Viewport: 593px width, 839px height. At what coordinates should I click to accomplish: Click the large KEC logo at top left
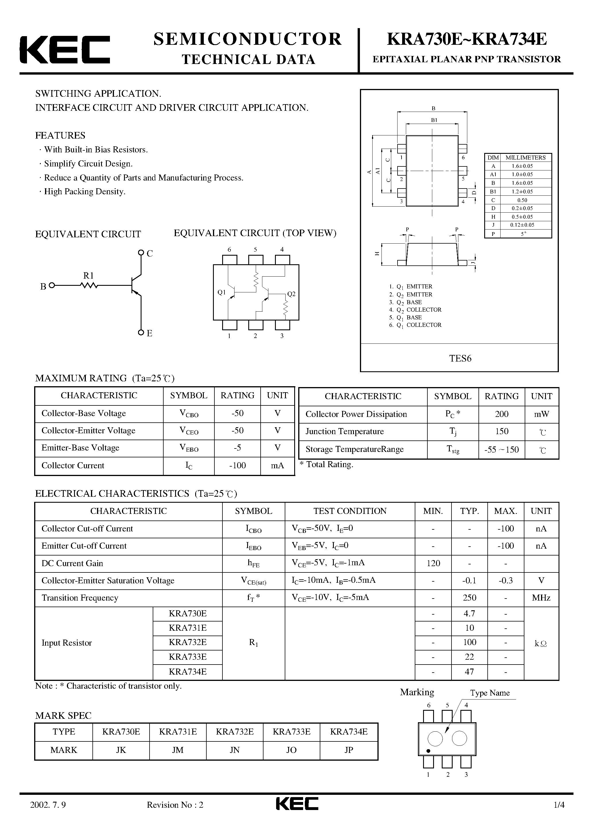pyautogui.click(x=64, y=50)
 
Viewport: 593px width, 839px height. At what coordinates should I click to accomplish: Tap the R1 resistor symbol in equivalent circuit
pyautogui.click(x=89, y=286)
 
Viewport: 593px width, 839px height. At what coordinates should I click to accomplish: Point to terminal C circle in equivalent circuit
pyautogui.click(x=141, y=253)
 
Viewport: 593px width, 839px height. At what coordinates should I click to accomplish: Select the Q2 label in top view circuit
pyautogui.click(x=291, y=294)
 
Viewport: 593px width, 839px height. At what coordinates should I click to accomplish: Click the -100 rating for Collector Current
pyautogui.click(x=237, y=465)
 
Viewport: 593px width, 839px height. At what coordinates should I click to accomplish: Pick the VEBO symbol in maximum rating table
pyautogui.click(x=189, y=448)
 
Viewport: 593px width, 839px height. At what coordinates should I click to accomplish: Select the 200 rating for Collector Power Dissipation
pyautogui.click(x=502, y=414)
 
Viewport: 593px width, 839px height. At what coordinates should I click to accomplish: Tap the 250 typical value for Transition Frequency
pyautogui.click(x=469, y=598)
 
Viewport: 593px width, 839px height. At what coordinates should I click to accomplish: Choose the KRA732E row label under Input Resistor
pyautogui.click(x=187, y=642)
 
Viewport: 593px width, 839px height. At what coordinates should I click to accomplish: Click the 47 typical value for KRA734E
pyautogui.click(x=469, y=672)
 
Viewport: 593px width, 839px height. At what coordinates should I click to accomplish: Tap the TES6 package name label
pyautogui.click(x=460, y=358)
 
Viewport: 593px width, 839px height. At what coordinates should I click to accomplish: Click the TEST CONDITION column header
pyautogui.click(x=350, y=511)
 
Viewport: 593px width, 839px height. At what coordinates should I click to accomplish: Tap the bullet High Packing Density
pyautogui.click(x=84, y=191)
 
